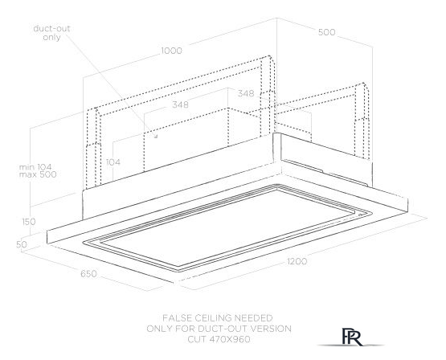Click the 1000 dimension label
click(x=171, y=51)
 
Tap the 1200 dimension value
click(x=297, y=261)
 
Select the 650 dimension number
click(x=88, y=274)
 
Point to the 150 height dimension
click(x=29, y=222)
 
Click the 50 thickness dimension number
click(x=22, y=244)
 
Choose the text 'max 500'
click(x=38, y=174)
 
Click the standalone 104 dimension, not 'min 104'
click(x=113, y=162)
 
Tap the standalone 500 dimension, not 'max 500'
click(x=326, y=32)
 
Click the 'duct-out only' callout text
click(x=51, y=33)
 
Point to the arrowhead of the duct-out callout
click(x=156, y=137)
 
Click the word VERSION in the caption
click(x=271, y=329)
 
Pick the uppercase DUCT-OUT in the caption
click(x=219, y=329)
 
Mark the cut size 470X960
click(x=230, y=339)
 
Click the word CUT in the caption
click(x=197, y=339)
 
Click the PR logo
click(x=352, y=337)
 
